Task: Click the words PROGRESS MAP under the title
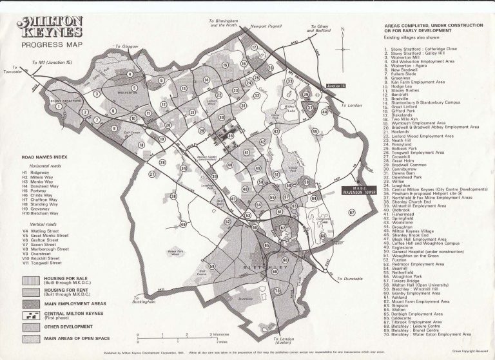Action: click(x=45, y=46)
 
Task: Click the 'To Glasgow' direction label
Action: click(x=127, y=46)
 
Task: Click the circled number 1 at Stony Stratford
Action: click(x=59, y=108)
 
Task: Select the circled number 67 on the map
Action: click(x=351, y=211)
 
